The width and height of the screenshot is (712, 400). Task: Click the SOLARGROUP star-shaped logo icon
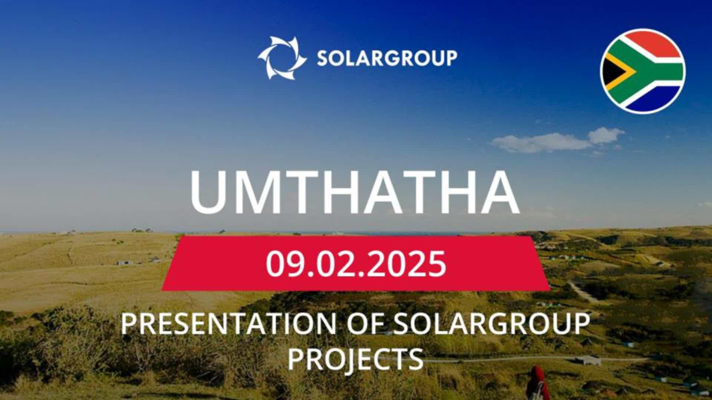click(282, 58)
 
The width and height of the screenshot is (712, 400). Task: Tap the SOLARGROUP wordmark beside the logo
click(387, 58)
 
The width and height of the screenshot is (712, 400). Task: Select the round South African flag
click(643, 71)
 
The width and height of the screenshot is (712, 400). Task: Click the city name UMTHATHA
click(355, 193)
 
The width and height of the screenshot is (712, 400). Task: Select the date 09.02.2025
click(356, 263)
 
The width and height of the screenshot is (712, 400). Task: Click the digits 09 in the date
click(283, 263)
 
